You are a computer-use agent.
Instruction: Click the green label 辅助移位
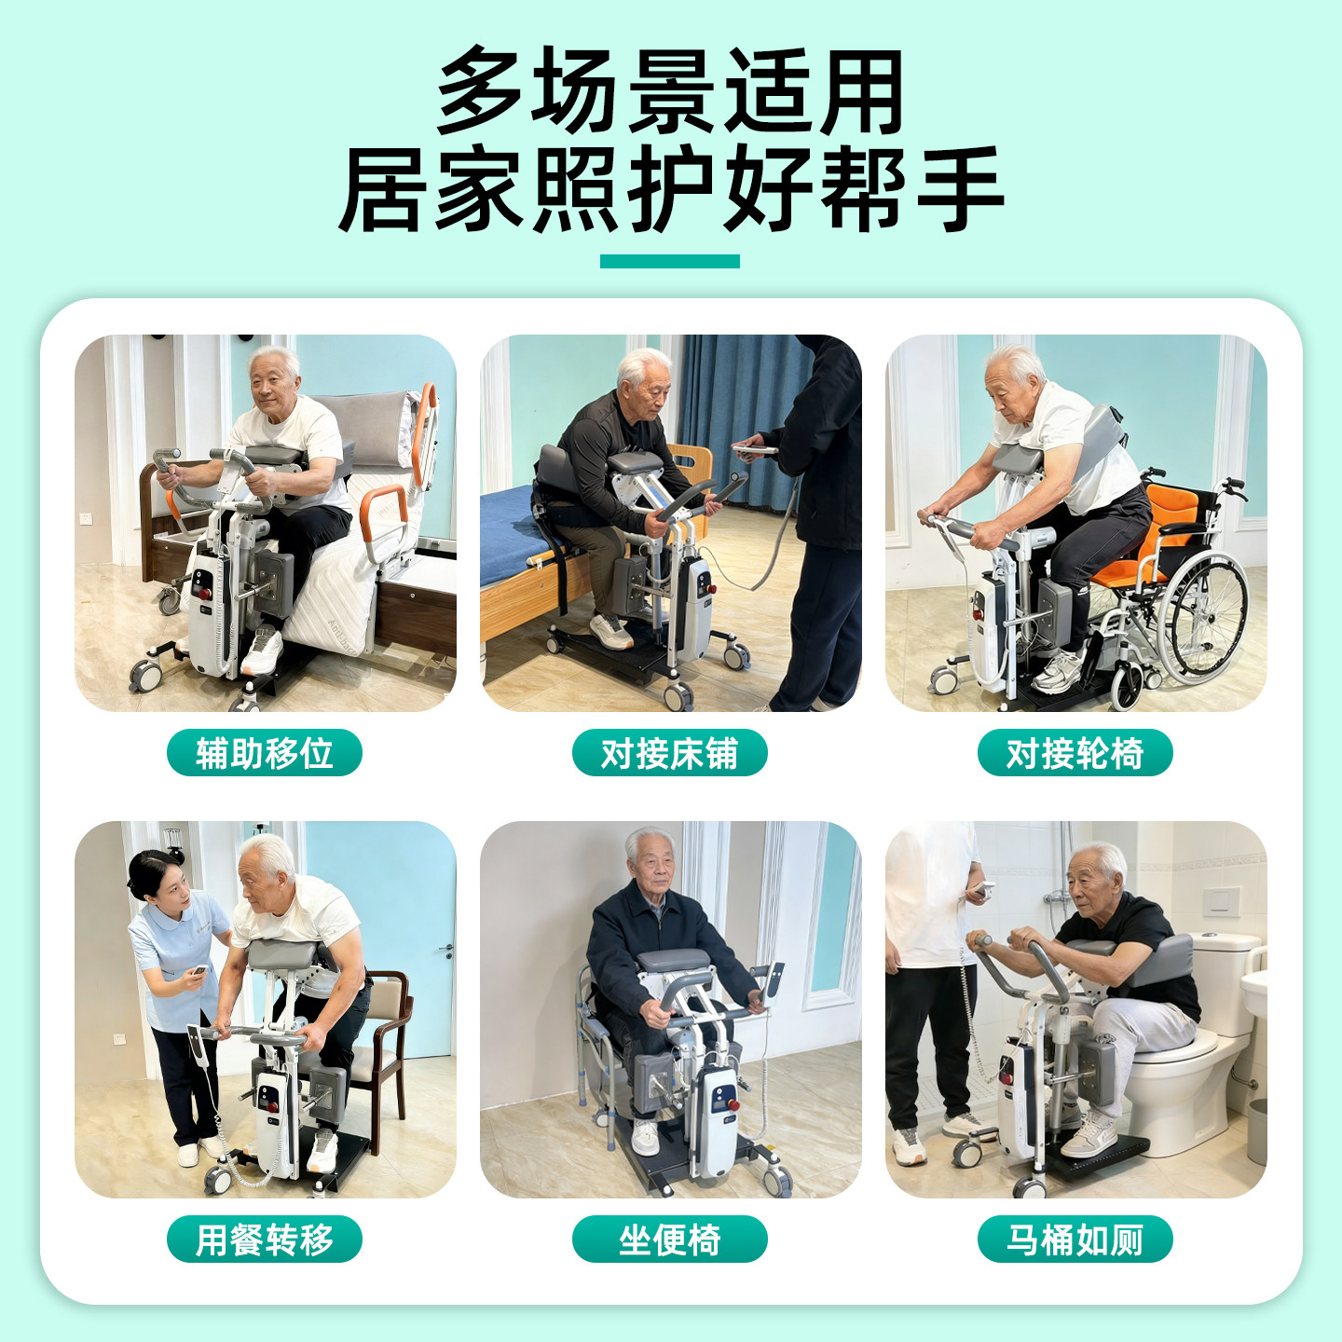coord(264,753)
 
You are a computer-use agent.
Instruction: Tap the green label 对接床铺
coord(669,753)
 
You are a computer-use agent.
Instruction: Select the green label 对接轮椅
coord(1075,753)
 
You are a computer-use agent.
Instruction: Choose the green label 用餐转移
coord(264,1239)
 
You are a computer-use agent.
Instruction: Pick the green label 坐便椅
coord(669,1239)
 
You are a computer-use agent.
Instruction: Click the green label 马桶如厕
coord(1075,1239)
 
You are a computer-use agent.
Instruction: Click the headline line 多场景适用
coord(670,91)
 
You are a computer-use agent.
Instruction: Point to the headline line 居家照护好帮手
coord(670,189)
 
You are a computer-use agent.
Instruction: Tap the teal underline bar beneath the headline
coord(669,261)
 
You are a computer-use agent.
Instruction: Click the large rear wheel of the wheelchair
coord(1209,615)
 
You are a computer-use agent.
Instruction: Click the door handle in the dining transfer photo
coord(447,950)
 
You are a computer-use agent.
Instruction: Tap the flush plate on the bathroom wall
coord(1221,899)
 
